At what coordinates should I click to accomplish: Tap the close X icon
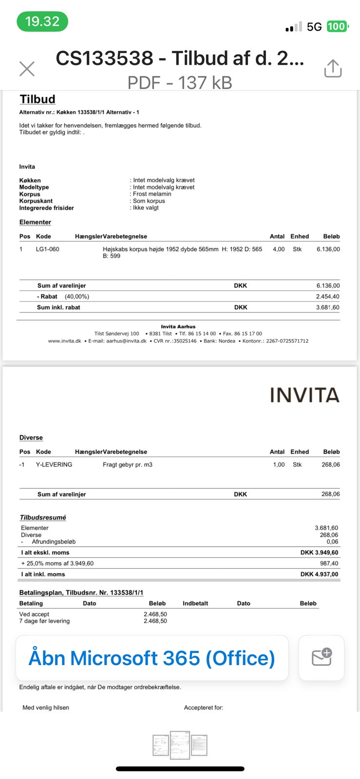27,69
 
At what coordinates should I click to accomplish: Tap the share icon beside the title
333,69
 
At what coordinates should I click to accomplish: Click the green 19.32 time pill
42,21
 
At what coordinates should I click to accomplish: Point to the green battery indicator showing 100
337,26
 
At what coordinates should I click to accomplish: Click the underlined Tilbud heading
38,99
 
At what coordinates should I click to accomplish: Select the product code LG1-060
47,249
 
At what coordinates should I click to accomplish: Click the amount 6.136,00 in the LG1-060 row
328,249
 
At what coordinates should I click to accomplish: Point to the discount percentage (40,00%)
77,297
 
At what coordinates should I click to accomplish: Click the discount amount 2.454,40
328,297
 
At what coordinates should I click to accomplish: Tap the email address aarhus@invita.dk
126,341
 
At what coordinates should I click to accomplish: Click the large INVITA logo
304,395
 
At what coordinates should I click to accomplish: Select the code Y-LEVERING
54,464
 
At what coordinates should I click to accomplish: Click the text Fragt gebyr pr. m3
128,464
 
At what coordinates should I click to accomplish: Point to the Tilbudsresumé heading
43,518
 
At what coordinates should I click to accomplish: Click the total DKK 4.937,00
319,574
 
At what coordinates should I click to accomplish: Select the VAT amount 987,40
329,563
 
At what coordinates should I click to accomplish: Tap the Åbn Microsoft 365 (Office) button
152,658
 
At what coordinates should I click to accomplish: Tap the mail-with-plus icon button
322,658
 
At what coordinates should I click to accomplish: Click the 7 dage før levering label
44,621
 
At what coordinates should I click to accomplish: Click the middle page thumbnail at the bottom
180,745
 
